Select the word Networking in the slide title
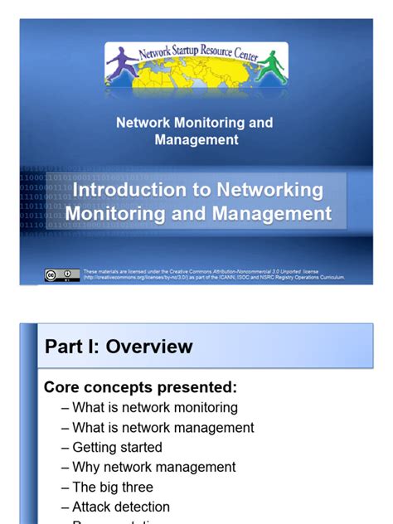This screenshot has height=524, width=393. [x=270, y=190]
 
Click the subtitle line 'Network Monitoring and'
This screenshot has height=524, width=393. [x=194, y=123]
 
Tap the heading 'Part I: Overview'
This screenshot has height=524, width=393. [x=118, y=346]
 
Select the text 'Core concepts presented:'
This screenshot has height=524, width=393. [x=140, y=387]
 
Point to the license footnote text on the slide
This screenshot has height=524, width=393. [x=214, y=274]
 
